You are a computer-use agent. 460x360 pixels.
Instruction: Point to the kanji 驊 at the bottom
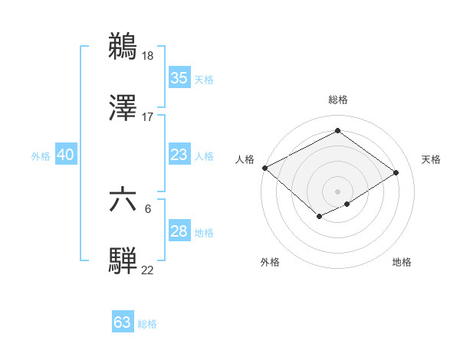coord(123,261)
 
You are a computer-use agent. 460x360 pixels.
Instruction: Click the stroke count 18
coord(149,55)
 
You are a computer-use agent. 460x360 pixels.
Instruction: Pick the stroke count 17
coord(148,117)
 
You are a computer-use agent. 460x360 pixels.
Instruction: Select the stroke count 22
coord(148,270)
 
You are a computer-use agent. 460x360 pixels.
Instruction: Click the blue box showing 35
coord(179,78)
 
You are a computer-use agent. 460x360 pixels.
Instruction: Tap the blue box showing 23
coord(179,155)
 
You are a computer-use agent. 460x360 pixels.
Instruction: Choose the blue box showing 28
coord(179,231)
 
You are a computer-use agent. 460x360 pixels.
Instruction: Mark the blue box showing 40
coord(65,155)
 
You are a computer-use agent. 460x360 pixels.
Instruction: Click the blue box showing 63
coord(122,322)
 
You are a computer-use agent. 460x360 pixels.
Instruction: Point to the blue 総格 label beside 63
coord(147,324)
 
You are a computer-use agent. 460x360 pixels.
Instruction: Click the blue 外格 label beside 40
coord(41,156)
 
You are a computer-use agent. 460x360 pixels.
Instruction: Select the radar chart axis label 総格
coord(337,100)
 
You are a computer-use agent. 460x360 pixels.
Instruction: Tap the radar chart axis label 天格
coord(431,159)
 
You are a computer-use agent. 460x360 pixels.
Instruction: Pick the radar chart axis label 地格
coord(402,262)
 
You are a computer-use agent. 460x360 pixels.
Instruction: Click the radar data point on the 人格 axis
coord(264,168)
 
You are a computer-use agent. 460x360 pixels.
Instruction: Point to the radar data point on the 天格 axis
coord(396,172)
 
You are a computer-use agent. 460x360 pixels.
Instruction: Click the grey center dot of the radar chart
coord(337,191)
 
